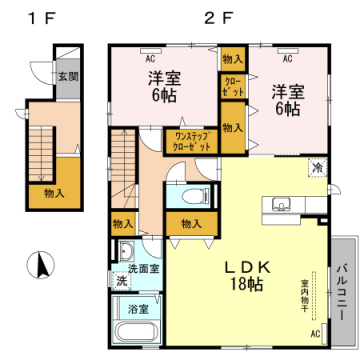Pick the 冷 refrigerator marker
(x=316, y=168)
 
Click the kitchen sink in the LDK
(x=279, y=207)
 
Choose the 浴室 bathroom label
(x=139, y=310)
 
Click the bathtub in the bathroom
(x=131, y=330)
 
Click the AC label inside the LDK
(x=315, y=332)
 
